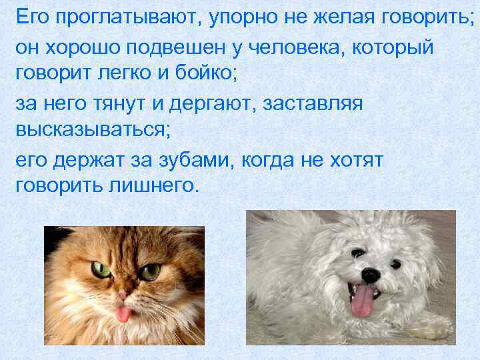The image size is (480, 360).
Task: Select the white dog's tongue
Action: tap(362, 302)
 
